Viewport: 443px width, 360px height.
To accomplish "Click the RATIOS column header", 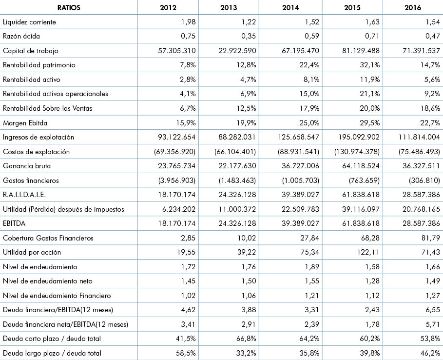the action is pos(69,8).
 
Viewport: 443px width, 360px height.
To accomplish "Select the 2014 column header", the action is pos(290,8).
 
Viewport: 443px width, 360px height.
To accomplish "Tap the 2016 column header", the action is pos(413,8).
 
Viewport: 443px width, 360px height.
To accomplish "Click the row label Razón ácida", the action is pos(21,36).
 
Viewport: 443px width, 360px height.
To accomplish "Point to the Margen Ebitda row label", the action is pos(25,123).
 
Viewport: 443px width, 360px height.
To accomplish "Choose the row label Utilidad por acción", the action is pos(32,252).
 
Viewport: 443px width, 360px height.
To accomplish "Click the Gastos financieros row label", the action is pos(31,180).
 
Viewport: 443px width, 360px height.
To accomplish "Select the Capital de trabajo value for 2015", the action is pos(361,51).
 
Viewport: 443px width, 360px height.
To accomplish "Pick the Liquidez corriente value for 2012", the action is pos(189,22).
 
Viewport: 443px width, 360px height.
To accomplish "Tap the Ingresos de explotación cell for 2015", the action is pos(359,137).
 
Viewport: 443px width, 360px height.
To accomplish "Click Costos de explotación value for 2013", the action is pos(235,152).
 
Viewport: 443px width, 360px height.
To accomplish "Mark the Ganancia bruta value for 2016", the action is pos(421,166).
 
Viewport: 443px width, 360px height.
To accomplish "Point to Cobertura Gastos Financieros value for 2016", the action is pos(430,238).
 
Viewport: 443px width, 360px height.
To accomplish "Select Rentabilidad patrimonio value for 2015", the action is pos(369,65).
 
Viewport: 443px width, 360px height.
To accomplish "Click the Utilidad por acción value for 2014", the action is pos(309,252).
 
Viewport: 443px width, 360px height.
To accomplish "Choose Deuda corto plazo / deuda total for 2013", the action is pos(246,339).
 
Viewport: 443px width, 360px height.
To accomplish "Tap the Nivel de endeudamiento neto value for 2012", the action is pos(189,281).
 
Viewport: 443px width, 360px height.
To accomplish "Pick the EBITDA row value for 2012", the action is pos(176,223).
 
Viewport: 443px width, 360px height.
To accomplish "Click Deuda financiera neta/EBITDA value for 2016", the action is pos(433,324).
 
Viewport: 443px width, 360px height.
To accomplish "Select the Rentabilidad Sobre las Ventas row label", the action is pos(47,108).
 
